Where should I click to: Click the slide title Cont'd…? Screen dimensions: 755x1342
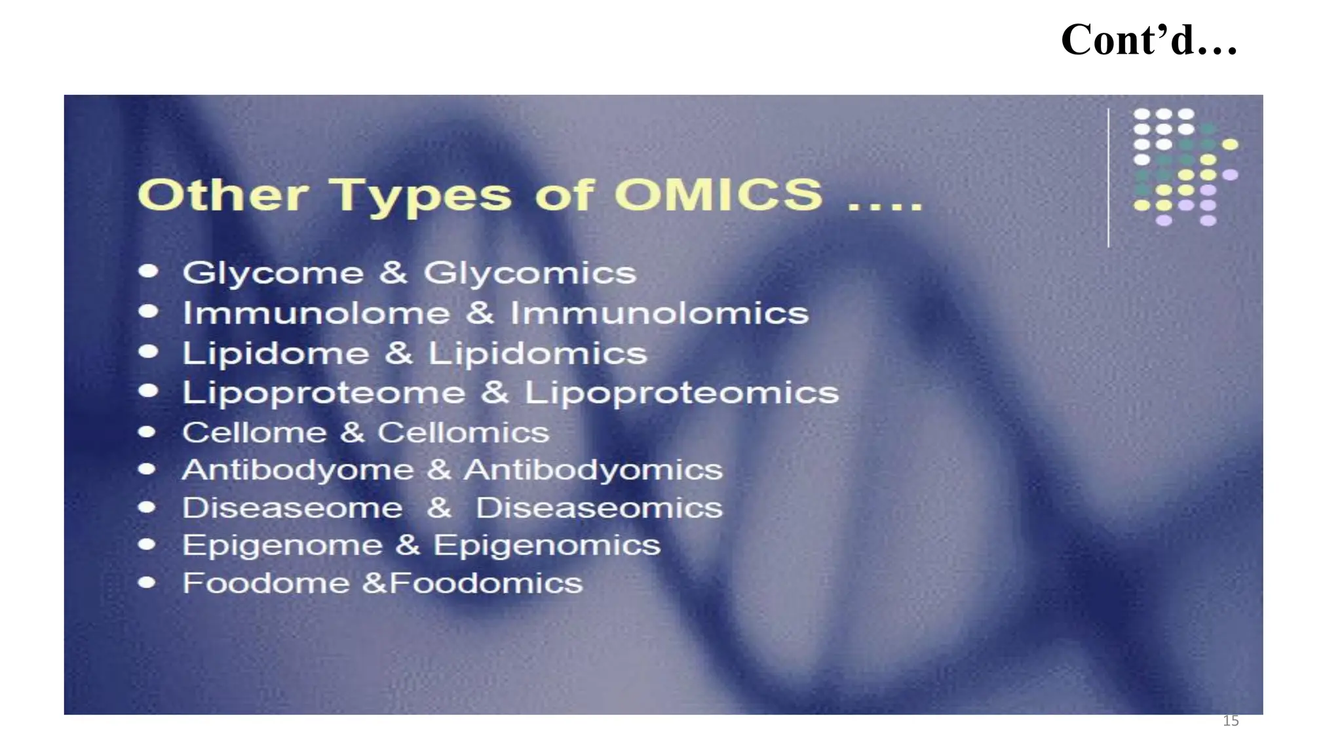pyautogui.click(x=1149, y=40)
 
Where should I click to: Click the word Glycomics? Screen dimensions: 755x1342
pyautogui.click(x=529, y=273)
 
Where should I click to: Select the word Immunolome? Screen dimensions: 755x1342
pyautogui.click(x=316, y=313)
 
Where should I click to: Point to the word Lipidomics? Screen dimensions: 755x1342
pyautogui.click(x=537, y=353)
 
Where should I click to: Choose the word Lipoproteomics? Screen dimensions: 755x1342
pyautogui.click(x=681, y=393)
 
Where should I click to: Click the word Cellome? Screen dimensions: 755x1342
pyautogui.click(x=254, y=433)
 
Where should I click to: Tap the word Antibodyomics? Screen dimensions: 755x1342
pyautogui.click(x=593, y=470)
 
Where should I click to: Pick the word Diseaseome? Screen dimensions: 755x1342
pyautogui.click(x=292, y=508)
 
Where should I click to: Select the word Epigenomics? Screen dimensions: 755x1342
pyautogui.click(x=546, y=545)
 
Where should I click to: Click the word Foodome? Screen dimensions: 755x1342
pyautogui.click(x=266, y=583)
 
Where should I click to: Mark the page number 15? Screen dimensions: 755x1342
pyautogui.click(x=1231, y=721)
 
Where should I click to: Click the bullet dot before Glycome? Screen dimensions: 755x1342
pyautogui.click(x=149, y=271)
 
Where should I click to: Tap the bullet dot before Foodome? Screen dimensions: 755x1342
pyautogui.click(x=147, y=583)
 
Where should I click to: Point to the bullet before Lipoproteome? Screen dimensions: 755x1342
pyautogui.click(x=149, y=391)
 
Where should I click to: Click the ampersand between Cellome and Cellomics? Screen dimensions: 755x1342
pyautogui.click(x=352, y=433)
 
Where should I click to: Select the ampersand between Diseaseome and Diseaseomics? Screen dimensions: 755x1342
pyautogui.click(x=439, y=508)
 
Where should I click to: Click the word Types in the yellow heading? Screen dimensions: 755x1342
pyautogui.click(x=419, y=195)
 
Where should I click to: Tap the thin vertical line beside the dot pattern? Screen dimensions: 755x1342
pyautogui.click(x=1108, y=177)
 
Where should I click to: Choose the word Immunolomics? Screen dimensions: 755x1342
pyautogui.click(x=659, y=313)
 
